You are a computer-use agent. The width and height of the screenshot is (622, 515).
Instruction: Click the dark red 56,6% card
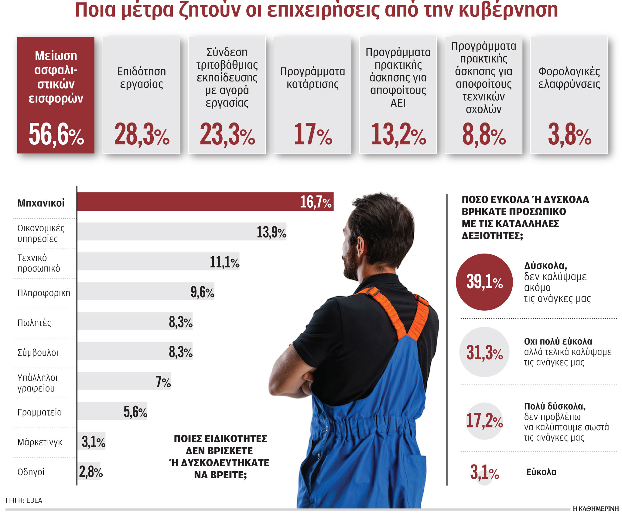pos(56,95)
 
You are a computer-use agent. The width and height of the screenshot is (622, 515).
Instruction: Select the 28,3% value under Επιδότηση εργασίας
pos(142,134)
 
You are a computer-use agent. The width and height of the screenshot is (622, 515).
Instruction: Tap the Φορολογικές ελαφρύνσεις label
pos(569,78)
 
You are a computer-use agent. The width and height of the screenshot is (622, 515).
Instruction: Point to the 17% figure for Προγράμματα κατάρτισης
pos(313,134)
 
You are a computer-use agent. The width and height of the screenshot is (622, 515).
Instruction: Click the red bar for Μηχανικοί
pos(205,202)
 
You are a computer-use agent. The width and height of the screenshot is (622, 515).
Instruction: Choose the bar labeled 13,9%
pos(181,232)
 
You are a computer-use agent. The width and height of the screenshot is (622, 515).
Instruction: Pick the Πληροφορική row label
pos(44,293)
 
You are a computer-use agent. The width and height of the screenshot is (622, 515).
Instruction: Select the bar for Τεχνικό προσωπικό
pos(158,261)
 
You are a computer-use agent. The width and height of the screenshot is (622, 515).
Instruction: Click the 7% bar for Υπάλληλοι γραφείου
pos(124,381)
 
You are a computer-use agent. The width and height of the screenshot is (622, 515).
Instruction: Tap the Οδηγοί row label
pos(31,472)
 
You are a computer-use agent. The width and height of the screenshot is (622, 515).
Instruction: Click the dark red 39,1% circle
pos(484,282)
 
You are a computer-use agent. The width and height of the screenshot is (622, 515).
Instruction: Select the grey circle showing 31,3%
pos(484,352)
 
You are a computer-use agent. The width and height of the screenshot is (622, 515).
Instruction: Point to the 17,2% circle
pos(484,421)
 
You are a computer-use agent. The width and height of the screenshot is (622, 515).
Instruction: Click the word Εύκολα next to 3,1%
pos(541,472)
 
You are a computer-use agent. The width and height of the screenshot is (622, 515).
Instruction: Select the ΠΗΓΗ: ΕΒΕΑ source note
pos(24,500)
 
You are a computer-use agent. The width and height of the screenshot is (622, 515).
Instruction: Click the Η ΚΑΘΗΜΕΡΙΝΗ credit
pos(596,509)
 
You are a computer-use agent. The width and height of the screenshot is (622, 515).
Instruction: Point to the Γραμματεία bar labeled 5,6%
pos(112,411)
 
